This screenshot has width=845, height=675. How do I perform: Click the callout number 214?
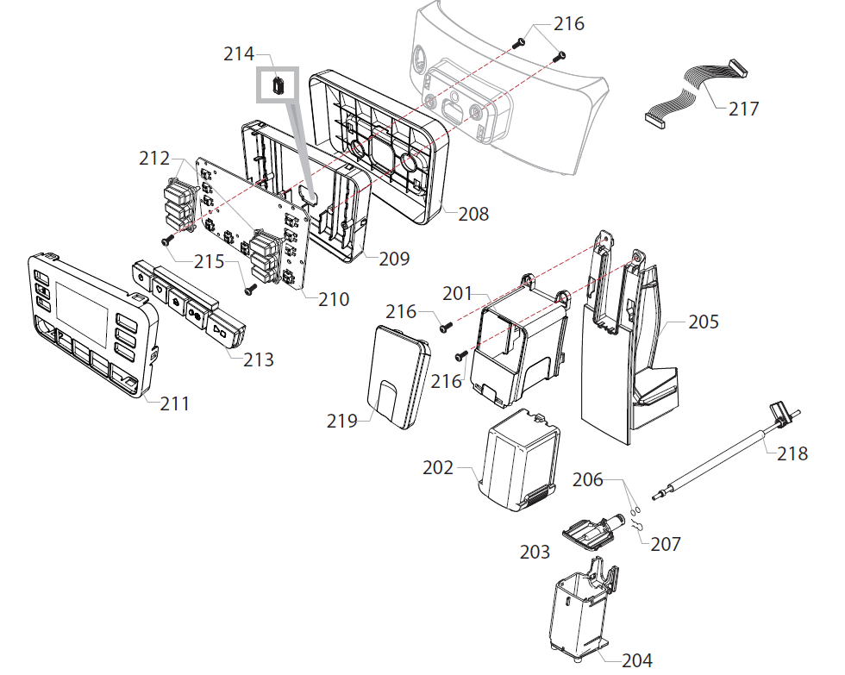pos(239,53)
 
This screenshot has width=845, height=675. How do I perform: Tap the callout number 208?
pos(473,214)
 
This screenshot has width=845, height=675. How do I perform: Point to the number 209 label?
pos(394,258)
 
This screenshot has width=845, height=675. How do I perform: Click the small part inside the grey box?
pos(279,85)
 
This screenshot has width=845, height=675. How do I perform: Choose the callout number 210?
pos(334,299)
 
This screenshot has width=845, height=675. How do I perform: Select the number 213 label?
pos(258,359)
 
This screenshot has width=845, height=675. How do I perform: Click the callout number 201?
pos(459,293)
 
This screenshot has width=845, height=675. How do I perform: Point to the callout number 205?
pos(704,322)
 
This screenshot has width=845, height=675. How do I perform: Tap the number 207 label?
pos(665,544)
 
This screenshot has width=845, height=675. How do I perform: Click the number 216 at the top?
pos(568,23)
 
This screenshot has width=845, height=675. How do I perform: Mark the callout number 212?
pos(155,159)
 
